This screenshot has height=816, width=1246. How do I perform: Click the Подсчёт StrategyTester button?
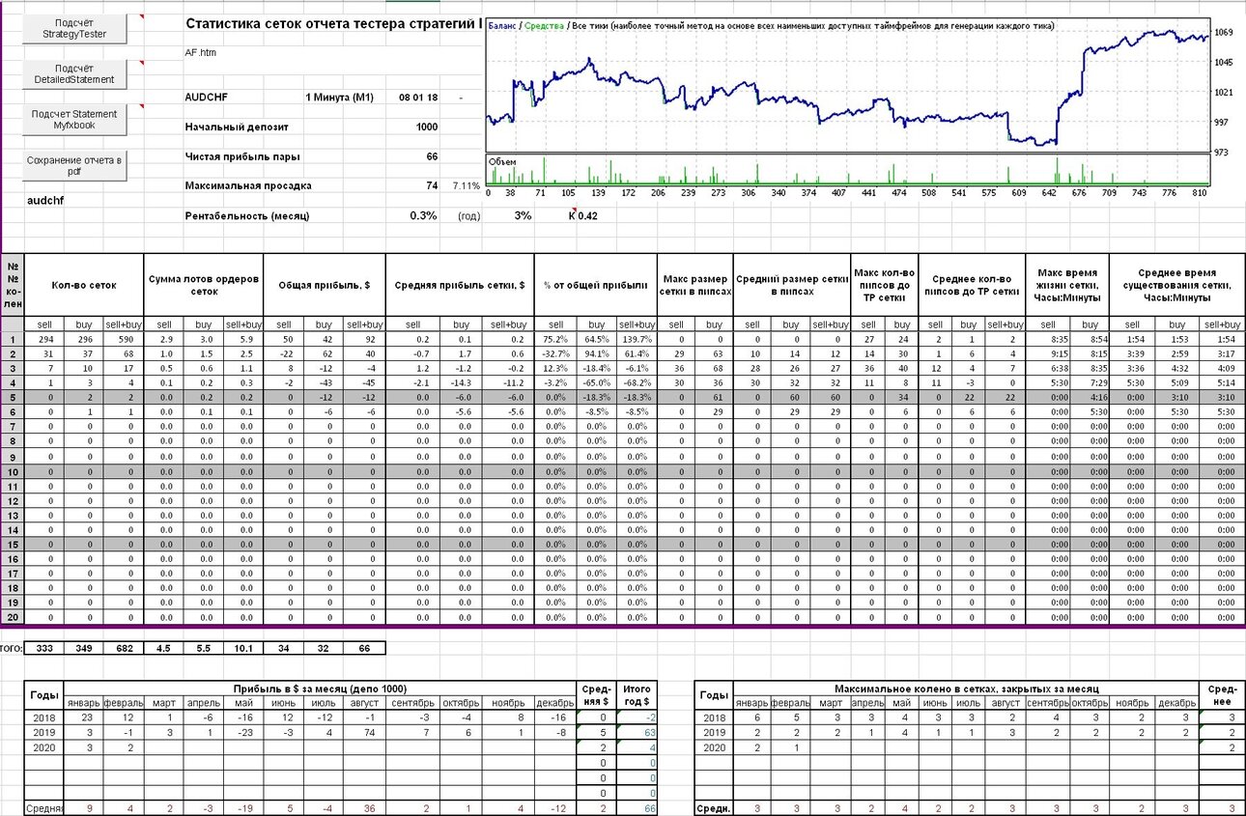click(x=74, y=28)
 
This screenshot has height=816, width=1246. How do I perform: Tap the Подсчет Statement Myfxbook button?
click(x=74, y=120)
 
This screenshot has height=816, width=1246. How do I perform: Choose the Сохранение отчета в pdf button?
click(x=74, y=166)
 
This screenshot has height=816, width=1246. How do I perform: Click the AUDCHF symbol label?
click(x=207, y=98)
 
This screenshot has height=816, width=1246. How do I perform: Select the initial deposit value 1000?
click(x=427, y=127)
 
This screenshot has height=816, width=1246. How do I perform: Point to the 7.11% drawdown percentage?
click(x=467, y=185)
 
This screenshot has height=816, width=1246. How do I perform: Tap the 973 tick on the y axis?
click(x=1221, y=153)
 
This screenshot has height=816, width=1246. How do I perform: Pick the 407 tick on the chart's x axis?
click(x=838, y=193)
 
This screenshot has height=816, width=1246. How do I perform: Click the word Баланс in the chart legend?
click(x=501, y=25)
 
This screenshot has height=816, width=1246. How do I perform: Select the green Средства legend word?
click(x=544, y=25)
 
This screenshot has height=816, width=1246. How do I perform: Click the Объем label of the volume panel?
click(x=502, y=162)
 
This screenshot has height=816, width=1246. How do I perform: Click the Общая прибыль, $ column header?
click(x=325, y=285)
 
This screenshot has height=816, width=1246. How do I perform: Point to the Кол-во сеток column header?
click(x=84, y=285)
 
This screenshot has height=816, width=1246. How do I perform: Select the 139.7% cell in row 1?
click(x=637, y=339)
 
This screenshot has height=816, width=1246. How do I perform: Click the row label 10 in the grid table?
click(x=13, y=472)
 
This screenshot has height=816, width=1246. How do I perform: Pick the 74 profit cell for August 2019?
click(x=369, y=733)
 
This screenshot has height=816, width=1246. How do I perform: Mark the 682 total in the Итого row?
click(x=124, y=648)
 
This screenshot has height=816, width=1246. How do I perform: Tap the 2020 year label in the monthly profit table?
click(x=43, y=747)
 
